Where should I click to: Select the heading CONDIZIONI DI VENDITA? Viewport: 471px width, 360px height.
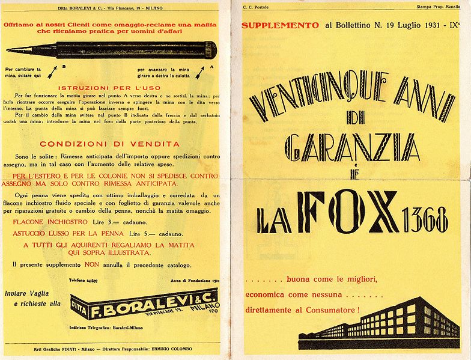click(109, 144)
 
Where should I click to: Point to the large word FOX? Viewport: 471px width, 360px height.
click(350, 212)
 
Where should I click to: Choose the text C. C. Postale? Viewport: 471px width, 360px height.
click(255, 7)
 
